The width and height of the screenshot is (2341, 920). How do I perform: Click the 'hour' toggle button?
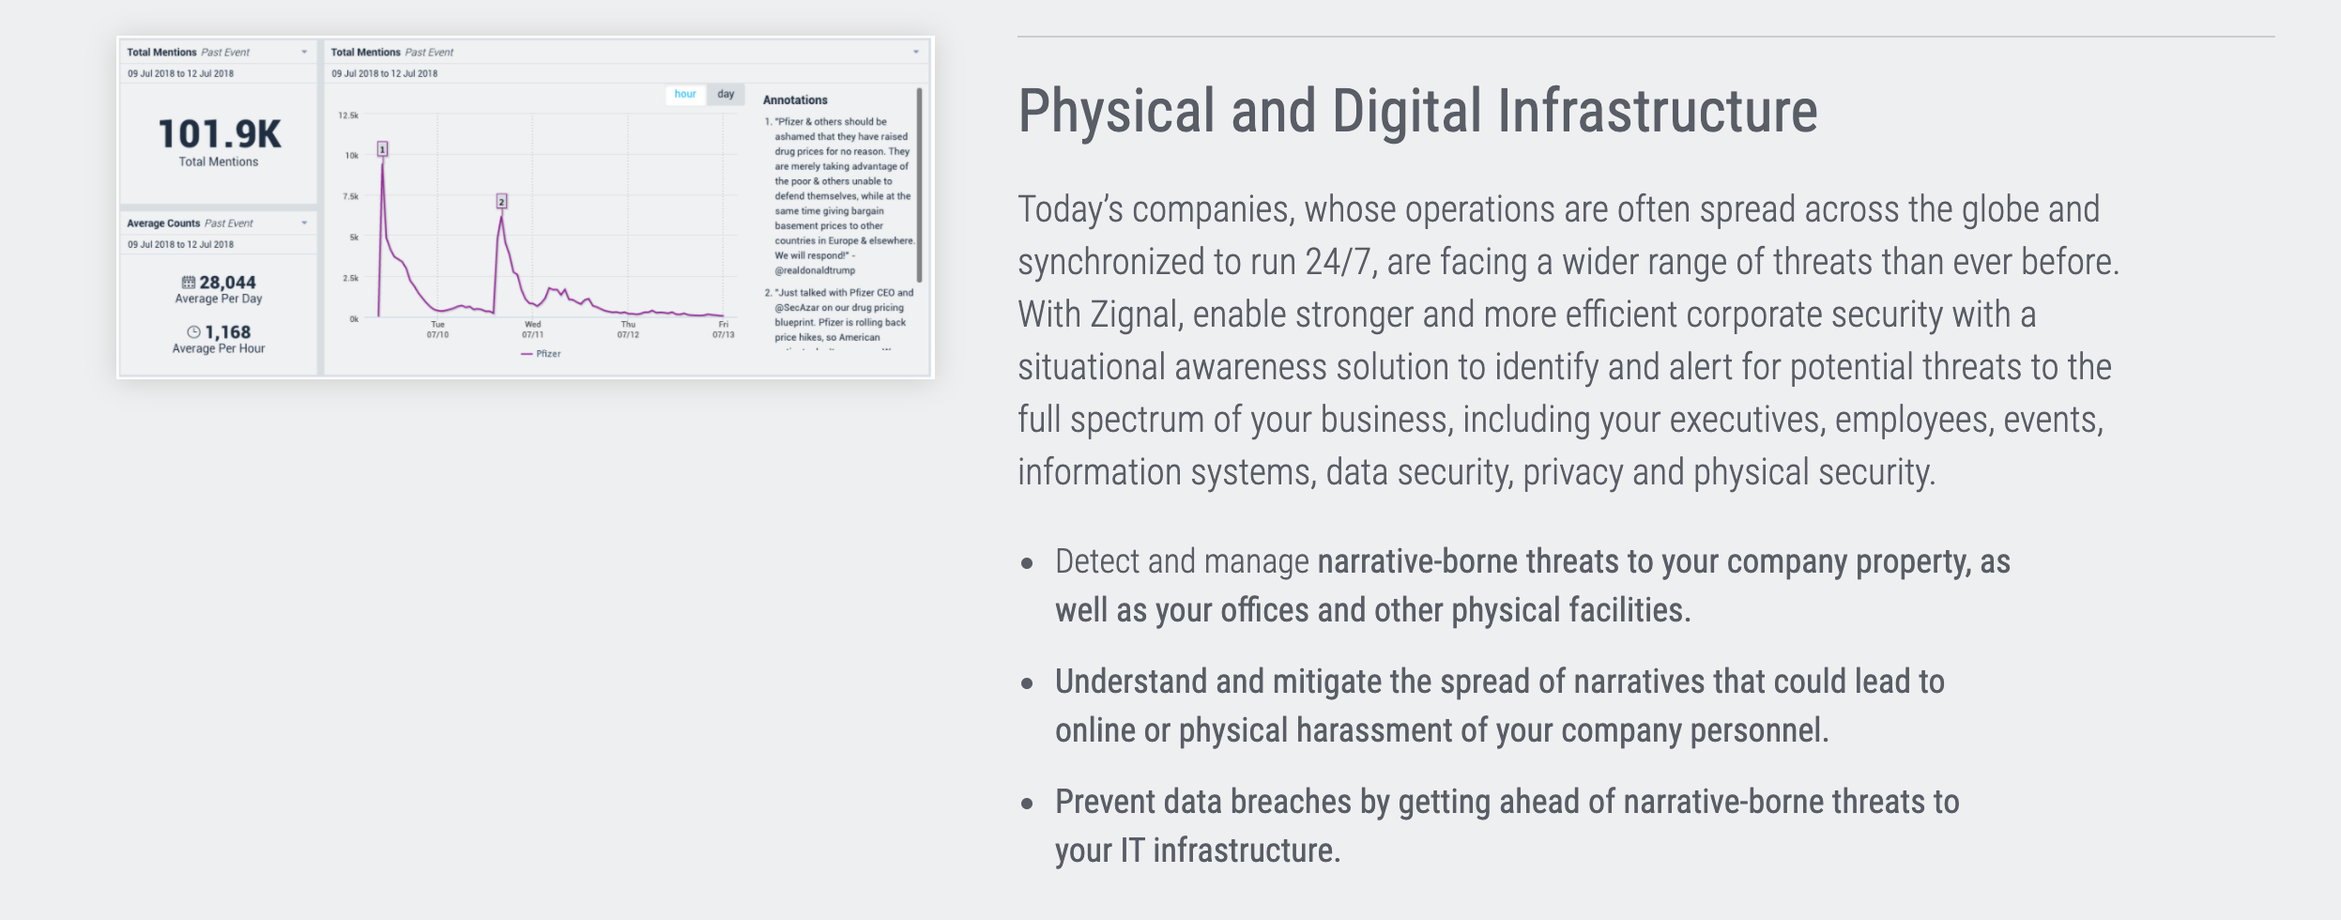[x=685, y=94]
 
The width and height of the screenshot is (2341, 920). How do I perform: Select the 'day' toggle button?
[x=726, y=94]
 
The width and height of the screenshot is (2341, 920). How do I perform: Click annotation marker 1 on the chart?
[x=382, y=149]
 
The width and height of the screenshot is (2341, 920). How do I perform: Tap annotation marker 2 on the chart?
[x=502, y=202]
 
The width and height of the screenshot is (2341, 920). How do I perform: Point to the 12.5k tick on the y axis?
[x=348, y=115]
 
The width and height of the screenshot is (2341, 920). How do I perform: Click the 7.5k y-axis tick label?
[x=350, y=196]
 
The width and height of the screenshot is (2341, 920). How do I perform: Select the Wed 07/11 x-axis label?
[x=532, y=330]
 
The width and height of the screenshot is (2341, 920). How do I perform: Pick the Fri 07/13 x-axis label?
[x=723, y=330]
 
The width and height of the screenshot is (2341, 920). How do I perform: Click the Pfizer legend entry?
[x=542, y=354]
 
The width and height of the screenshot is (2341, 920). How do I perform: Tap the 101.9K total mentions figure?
[x=220, y=134]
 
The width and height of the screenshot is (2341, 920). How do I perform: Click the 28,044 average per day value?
[x=227, y=283]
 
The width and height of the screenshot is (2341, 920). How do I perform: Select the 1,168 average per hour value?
[x=228, y=332]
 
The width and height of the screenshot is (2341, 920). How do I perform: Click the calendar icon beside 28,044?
[x=189, y=283]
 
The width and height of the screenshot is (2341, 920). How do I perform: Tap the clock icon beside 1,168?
[x=193, y=332]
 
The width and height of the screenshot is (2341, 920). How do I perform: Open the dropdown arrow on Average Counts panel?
[x=304, y=223]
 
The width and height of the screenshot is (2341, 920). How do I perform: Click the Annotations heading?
[x=795, y=100]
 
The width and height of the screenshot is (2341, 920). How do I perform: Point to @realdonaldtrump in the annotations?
[x=815, y=270]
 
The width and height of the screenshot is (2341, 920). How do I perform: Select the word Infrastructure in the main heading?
[x=1658, y=111]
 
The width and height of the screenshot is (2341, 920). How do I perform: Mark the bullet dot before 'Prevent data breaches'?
[x=1028, y=804]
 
